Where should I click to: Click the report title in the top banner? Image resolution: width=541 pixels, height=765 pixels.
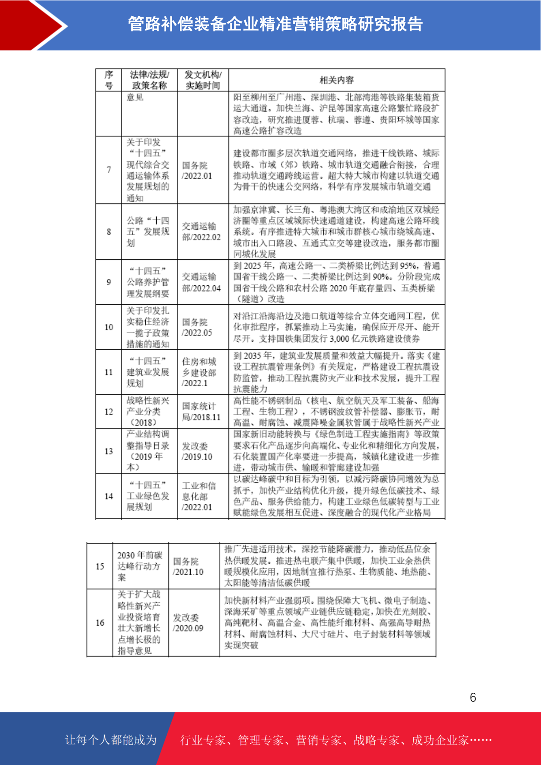pos(275,24)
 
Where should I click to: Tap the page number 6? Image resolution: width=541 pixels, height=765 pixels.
pos(473,698)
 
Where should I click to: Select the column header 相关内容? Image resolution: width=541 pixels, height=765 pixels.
pos(337,80)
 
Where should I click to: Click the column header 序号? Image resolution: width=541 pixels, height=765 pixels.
pos(109,80)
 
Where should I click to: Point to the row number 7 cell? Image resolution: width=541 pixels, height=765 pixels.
pos(109,170)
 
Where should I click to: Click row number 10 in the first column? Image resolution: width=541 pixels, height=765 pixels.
pos(109,327)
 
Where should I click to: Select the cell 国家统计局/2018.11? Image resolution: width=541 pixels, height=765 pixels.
pos(201,412)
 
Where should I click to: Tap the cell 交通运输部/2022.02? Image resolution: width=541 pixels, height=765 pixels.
pos(201,232)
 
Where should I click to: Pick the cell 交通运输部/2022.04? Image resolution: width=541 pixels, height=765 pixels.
pos(201,282)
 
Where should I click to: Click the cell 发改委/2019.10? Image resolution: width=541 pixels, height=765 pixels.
pos(197,452)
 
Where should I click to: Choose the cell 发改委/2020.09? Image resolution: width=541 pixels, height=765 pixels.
pos(188,623)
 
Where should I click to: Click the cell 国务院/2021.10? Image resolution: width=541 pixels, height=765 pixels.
pos(188,566)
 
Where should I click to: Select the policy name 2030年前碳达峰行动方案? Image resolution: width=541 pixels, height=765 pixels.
pos(139,566)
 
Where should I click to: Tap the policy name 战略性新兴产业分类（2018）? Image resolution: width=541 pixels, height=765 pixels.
pos(147,412)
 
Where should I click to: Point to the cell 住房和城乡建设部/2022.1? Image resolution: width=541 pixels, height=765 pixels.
pos(199,372)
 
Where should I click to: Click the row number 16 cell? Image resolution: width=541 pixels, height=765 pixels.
pos(100,623)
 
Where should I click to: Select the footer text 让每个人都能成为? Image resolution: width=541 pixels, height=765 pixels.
pos(111,740)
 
